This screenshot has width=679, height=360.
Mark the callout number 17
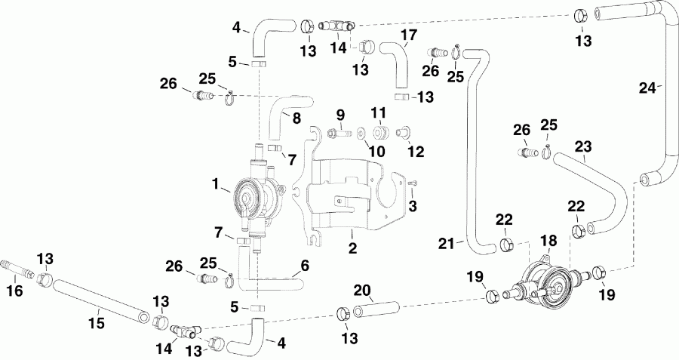[x=408, y=34]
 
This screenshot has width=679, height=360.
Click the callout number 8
[x=295, y=118]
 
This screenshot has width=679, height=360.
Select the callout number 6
[x=305, y=266]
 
